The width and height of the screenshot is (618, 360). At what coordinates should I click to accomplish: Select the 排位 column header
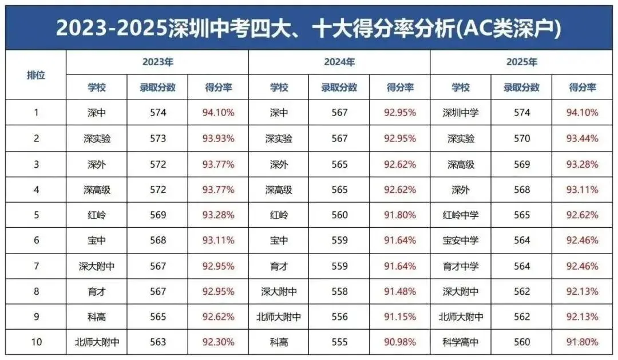coord(36,75)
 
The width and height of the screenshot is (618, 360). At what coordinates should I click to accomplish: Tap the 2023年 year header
coord(157,62)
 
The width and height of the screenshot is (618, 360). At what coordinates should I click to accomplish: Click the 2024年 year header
coord(339,62)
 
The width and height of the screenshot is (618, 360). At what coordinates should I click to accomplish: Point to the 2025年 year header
coord(521,62)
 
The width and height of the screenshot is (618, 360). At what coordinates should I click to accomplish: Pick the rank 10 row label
coord(36,342)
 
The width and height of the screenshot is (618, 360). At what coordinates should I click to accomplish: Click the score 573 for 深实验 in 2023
coord(157,139)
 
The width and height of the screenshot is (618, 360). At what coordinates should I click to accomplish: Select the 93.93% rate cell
coord(218,139)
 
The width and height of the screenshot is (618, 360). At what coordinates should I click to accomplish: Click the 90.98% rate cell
coord(400,342)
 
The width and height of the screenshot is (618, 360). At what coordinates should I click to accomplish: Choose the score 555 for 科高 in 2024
coord(339,342)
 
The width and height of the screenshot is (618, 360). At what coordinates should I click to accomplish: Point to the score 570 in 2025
coord(521,139)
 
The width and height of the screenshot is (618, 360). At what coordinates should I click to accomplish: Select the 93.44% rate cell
coord(582,139)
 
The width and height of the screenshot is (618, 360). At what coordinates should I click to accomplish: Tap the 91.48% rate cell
coord(400,291)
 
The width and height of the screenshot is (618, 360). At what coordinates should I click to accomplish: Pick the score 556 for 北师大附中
coord(339,317)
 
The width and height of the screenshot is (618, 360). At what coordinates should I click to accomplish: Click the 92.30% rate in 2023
coord(218,342)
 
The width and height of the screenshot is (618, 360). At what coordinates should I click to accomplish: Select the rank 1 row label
coord(36,113)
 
